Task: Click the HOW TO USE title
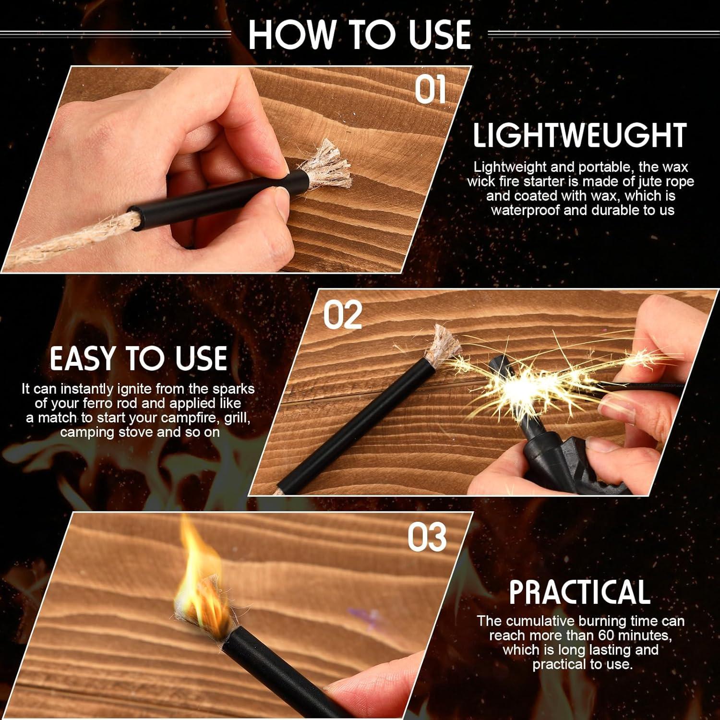(x=359, y=35)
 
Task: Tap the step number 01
(x=431, y=90)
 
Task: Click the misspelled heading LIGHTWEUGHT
(x=580, y=136)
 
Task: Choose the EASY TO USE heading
(x=138, y=359)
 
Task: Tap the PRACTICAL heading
(x=579, y=592)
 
